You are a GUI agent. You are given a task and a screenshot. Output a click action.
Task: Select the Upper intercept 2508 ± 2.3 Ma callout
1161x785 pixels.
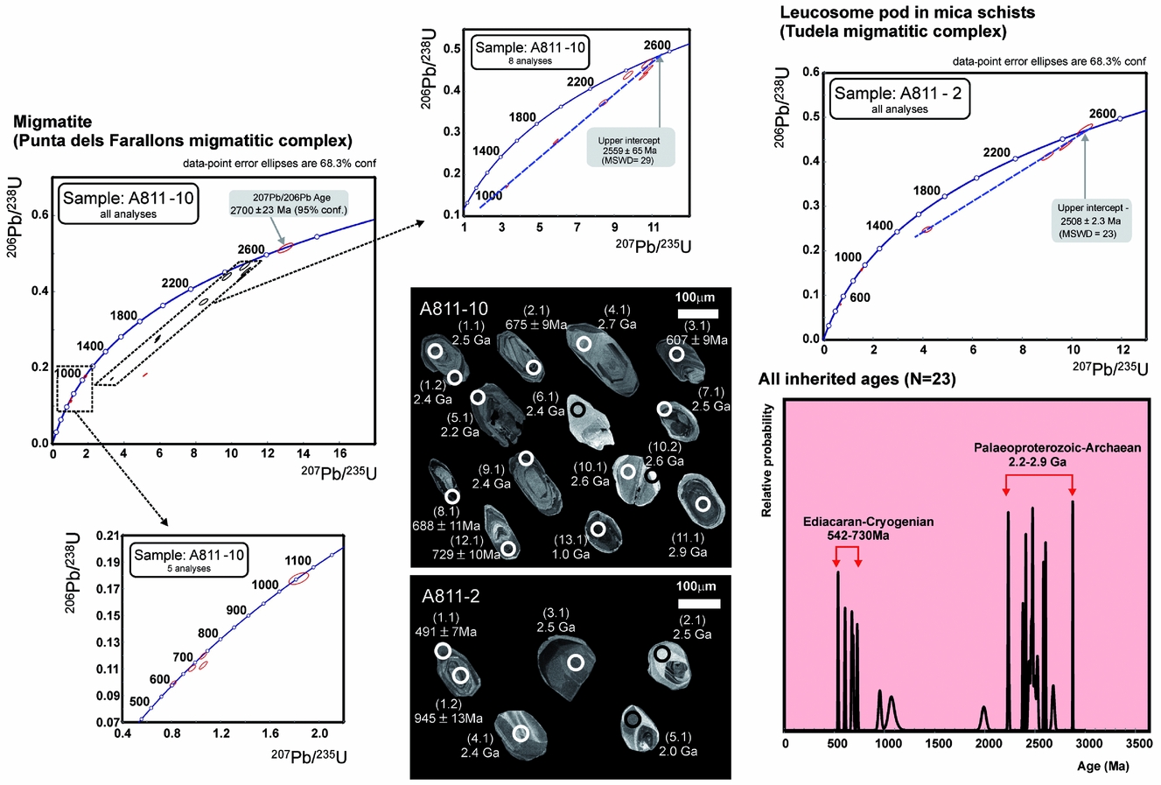[1093, 221]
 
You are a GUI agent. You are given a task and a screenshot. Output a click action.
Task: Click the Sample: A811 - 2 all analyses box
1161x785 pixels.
[899, 98]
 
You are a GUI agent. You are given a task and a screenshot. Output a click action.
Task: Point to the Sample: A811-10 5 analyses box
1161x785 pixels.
[189, 559]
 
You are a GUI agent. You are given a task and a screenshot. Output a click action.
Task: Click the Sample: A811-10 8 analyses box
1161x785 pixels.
[530, 53]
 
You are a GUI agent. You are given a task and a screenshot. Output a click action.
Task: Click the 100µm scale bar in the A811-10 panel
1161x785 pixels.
[696, 313]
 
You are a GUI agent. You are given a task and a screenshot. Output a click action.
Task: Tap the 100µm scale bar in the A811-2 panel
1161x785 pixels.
[697, 603]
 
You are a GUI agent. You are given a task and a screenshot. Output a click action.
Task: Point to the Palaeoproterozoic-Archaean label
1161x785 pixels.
[1057, 448]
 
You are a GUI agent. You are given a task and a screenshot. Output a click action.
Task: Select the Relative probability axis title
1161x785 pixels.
[766, 460]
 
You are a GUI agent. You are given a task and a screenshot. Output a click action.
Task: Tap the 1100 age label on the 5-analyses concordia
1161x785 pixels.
[297, 560]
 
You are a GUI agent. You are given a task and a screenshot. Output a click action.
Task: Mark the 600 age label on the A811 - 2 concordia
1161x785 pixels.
[859, 298]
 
